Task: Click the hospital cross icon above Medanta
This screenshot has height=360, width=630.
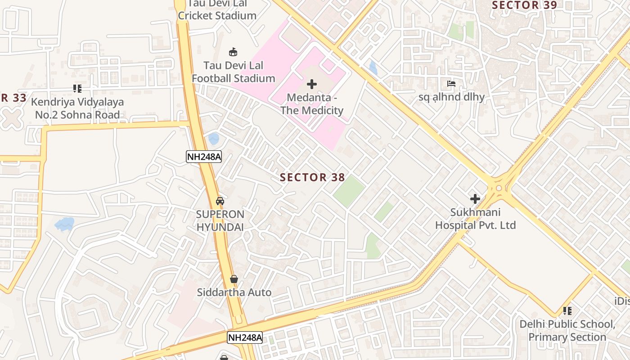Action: point(312,84)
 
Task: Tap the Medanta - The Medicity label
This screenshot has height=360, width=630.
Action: point(312,104)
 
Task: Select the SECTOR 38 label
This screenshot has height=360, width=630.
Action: point(312,177)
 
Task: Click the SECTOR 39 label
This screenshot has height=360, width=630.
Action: point(524,5)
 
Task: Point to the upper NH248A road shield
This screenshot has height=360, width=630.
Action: point(204,157)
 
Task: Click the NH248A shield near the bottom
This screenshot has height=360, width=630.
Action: point(245,337)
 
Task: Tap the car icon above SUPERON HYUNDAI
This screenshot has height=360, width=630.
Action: point(220,201)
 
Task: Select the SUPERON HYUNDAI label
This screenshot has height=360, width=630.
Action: point(220,220)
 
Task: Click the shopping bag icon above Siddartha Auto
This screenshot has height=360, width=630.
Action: point(234,279)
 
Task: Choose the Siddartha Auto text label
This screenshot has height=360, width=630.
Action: point(234,292)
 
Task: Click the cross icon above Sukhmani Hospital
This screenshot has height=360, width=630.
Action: point(475,198)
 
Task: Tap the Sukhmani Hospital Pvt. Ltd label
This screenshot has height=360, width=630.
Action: point(475,218)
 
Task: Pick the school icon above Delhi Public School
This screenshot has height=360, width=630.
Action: point(567,310)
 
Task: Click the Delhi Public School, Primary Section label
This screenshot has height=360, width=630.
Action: point(567,330)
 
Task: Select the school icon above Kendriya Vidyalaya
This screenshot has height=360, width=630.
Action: point(77,89)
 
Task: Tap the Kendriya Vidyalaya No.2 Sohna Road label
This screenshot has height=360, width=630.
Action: point(77,108)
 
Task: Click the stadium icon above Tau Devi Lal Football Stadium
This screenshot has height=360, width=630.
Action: point(233,52)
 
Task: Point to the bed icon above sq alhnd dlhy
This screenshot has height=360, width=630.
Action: point(451,84)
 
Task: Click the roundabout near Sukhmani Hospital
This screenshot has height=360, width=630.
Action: point(499,188)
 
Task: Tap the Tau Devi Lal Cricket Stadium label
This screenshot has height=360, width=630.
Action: point(217,10)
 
